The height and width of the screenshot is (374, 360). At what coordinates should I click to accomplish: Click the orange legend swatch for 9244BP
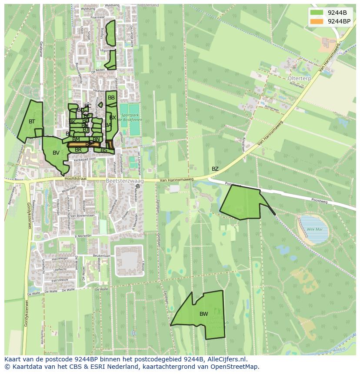point(317,21)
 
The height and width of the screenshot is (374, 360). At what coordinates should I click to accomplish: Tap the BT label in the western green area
point(32,122)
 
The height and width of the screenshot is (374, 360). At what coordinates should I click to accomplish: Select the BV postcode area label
point(56,153)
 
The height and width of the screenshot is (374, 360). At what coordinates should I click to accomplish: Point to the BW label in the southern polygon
point(203,314)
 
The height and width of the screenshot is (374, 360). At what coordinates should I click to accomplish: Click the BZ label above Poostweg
point(215,169)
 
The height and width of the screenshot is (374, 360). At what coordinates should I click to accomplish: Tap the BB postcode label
point(111,98)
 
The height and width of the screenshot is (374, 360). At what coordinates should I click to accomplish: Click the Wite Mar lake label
point(314,229)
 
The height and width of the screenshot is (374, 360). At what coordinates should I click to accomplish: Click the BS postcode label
point(104,150)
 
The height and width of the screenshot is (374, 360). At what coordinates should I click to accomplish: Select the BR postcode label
point(78,150)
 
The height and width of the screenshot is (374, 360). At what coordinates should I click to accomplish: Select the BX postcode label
point(113,118)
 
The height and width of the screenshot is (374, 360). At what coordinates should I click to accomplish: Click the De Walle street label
point(51,291)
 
